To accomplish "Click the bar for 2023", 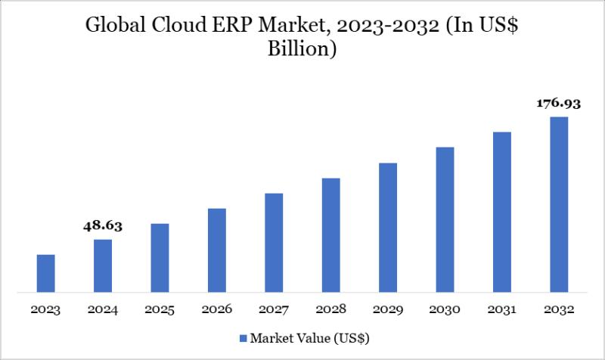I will (x=45, y=273).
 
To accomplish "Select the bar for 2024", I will (x=103, y=265).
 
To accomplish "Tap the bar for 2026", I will (x=217, y=250).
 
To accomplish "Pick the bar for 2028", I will (x=330, y=234).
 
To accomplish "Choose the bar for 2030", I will (x=445, y=219).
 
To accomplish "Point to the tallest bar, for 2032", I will (x=559, y=204).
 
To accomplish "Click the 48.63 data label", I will (x=103, y=225).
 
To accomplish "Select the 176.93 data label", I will (x=558, y=103).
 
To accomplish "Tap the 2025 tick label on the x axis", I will (x=160, y=310).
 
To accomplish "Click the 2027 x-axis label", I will (x=274, y=310).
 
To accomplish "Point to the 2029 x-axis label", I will (x=388, y=310).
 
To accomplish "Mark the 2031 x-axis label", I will (x=502, y=310).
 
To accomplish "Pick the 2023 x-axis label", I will (x=45, y=310).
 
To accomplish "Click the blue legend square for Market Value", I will (x=243, y=337).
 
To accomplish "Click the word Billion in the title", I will (x=302, y=51).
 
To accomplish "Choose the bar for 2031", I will (x=502, y=212).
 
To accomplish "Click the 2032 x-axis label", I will (x=559, y=310).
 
